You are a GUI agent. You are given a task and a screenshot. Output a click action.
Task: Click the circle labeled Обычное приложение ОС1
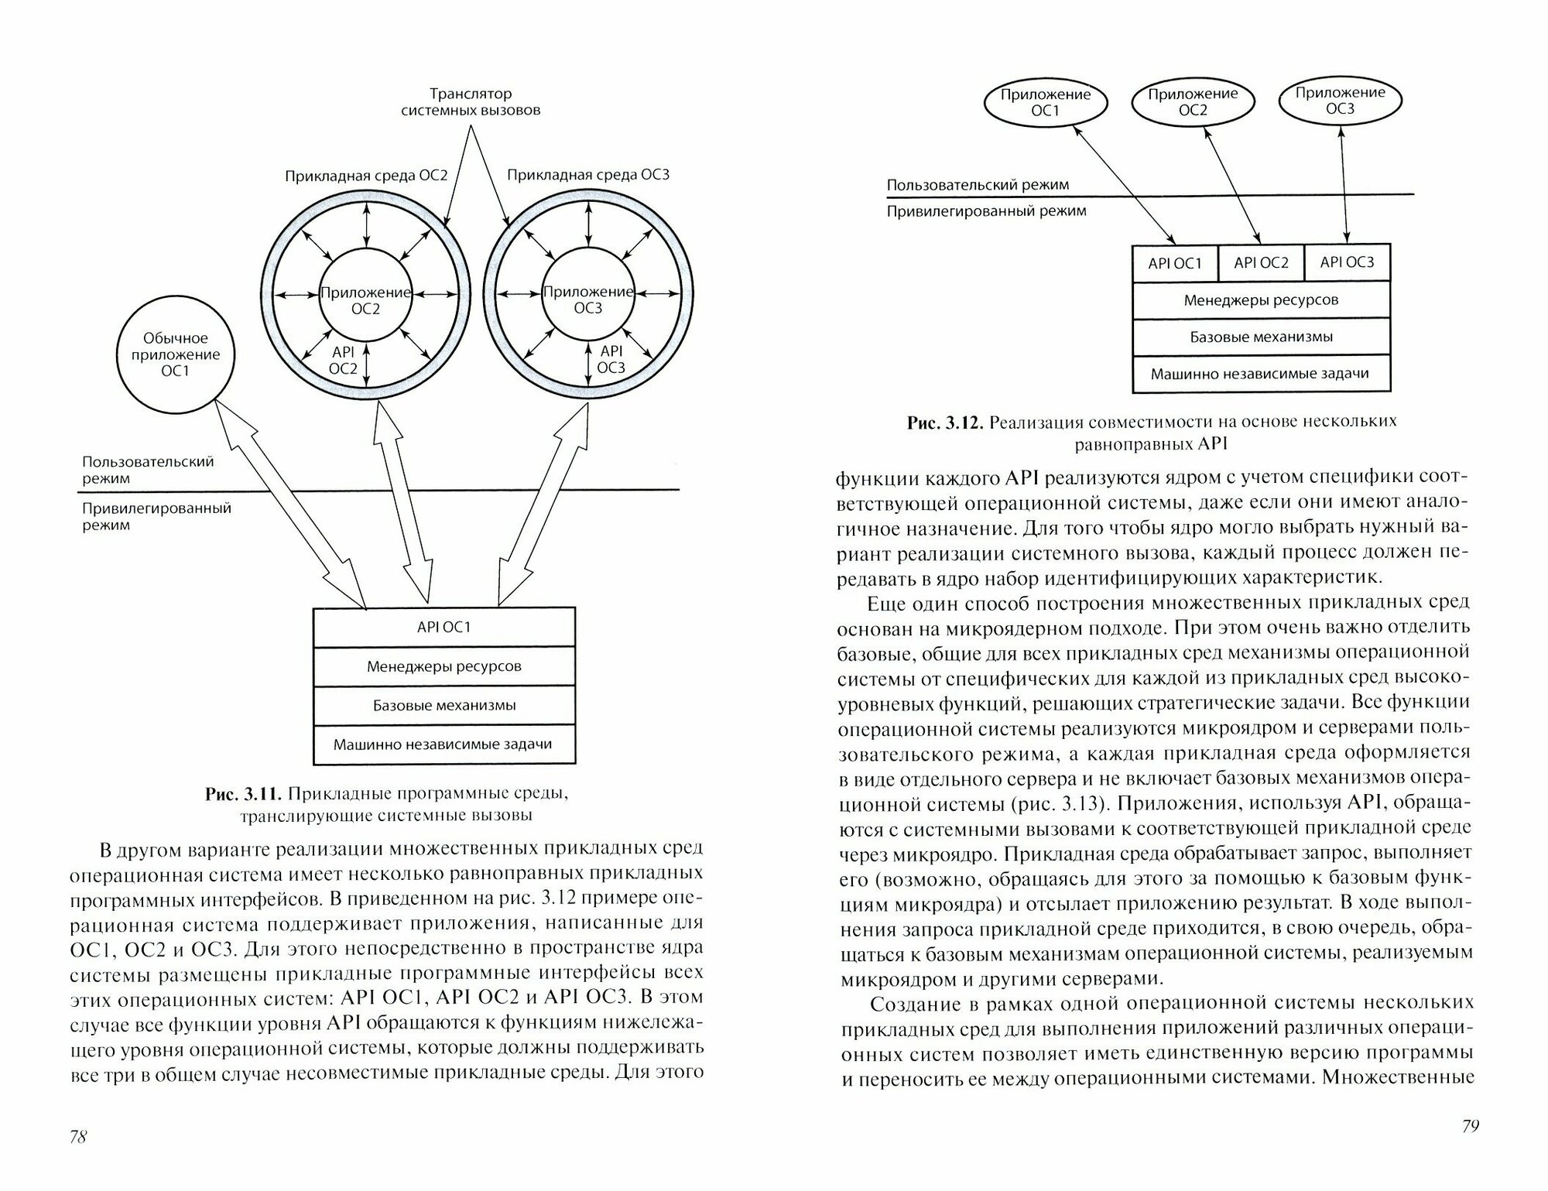point(176,354)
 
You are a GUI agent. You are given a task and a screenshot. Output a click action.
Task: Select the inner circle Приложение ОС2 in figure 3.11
point(365,299)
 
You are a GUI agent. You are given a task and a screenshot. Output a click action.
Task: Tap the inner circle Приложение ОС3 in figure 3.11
point(587,299)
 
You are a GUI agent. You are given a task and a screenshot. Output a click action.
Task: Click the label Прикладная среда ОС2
point(366,176)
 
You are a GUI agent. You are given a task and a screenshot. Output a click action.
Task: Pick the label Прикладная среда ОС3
point(588,175)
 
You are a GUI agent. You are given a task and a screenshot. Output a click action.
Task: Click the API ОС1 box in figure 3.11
point(444,627)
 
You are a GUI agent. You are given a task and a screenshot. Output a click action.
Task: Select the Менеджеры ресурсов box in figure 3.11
point(444,666)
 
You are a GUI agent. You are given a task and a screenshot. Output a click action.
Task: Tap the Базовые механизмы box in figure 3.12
point(1261,337)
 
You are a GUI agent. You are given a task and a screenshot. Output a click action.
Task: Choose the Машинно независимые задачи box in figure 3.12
point(1261,374)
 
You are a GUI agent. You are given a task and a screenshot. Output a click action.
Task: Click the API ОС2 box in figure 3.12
point(1261,263)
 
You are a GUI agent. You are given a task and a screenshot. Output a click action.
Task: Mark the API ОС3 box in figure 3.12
point(1347,262)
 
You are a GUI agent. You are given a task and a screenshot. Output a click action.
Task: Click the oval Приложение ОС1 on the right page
point(1045,103)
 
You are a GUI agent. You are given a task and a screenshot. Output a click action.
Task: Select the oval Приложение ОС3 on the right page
point(1340,101)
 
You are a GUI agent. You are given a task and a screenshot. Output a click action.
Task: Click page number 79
point(1470,1126)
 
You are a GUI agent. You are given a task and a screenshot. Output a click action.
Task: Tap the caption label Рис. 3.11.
point(245,795)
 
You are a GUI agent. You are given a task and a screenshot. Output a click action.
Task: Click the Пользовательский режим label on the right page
point(978,185)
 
